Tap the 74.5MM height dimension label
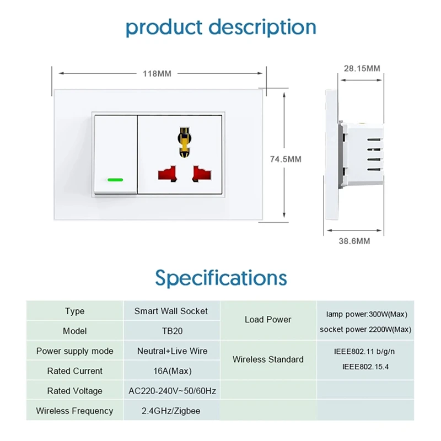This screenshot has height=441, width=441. (x=286, y=159)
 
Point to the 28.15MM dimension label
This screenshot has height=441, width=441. (x=362, y=68)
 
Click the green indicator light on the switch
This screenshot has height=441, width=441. (x=115, y=180)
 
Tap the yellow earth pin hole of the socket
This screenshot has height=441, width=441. (x=184, y=140)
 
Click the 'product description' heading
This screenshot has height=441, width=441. (x=220, y=26)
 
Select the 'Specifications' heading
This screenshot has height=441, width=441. (x=220, y=277)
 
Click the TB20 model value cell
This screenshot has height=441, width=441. (x=171, y=331)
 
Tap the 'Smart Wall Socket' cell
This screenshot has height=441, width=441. (x=171, y=311)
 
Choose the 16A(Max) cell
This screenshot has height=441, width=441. (x=171, y=371)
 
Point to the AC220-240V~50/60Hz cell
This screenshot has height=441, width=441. (x=171, y=391)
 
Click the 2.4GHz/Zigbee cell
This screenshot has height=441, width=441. (x=171, y=411)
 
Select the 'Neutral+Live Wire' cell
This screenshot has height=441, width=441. (x=171, y=351)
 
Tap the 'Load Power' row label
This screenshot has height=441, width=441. (x=268, y=320)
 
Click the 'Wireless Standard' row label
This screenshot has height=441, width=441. (x=268, y=359)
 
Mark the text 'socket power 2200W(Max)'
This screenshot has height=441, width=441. (x=365, y=330)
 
